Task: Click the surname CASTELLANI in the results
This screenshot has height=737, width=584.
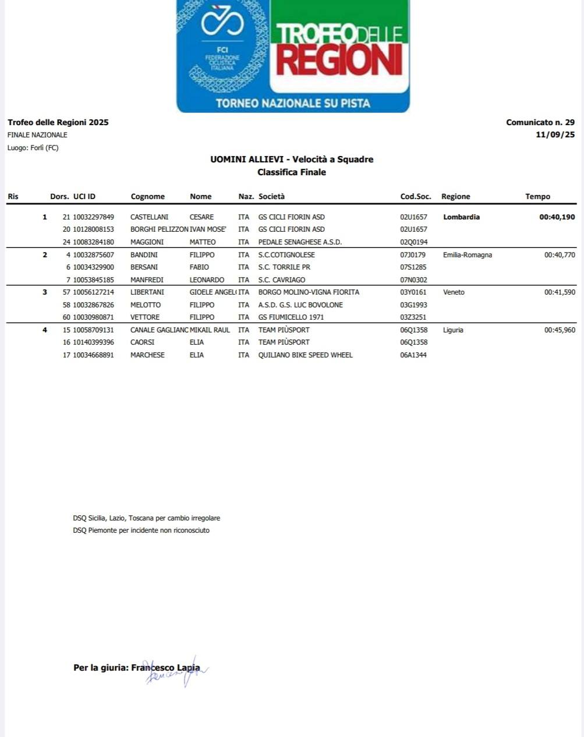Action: pos(149,217)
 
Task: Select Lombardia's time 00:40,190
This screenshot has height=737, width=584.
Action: pos(557,217)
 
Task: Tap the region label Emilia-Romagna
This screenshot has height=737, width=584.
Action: pos(467,255)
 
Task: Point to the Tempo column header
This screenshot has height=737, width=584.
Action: pos(537,197)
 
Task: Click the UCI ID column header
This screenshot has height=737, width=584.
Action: pos(84,197)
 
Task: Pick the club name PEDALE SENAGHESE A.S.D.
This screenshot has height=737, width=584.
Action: pos(300,242)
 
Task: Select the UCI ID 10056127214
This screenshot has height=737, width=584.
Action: pos(93,292)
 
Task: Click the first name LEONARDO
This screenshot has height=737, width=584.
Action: pos(207,280)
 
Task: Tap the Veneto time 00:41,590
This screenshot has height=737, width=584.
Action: pos(560,292)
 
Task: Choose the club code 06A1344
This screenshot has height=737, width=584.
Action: pos(413,355)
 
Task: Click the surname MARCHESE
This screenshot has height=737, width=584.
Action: pos(147,355)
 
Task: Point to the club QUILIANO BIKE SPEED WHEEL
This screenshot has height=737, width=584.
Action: pos(305,355)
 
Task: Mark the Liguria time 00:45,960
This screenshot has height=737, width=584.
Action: pos(560,330)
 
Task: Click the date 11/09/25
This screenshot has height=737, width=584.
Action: pos(555,135)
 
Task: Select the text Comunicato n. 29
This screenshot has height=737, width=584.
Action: pos(540,122)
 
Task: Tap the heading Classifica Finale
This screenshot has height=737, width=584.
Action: pos(292,172)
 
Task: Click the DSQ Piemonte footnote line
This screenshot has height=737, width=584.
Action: pos(141,530)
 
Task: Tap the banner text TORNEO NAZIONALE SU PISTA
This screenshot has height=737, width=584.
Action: pos(293,103)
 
